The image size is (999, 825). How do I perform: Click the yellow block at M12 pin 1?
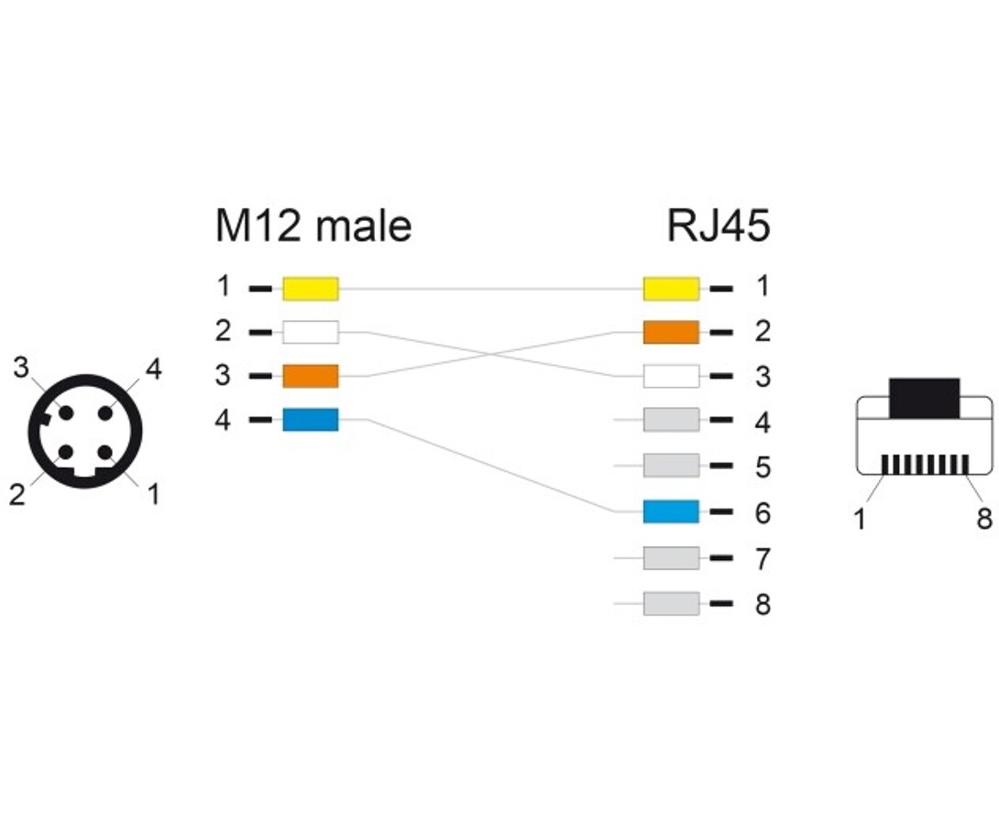pyautogui.click(x=310, y=289)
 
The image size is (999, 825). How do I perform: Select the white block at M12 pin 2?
pyautogui.click(x=310, y=332)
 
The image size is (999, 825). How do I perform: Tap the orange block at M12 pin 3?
pyautogui.click(x=310, y=376)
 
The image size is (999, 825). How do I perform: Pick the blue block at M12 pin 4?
pyautogui.click(x=310, y=420)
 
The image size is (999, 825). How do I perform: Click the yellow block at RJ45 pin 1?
pyautogui.click(x=671, y=289)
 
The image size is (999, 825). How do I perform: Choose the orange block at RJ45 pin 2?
pyautogui.click(x=671, y=332)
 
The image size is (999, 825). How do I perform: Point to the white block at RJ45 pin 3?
pyautogui.click(x=671, y=376)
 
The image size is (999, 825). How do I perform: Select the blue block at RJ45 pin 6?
pyautogui.click(x=671, y=511)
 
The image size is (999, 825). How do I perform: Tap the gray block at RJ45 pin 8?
pyautogui.click(x=671, y=604)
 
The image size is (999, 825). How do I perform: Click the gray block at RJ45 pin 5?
pyautogui.click(x=671, y=466)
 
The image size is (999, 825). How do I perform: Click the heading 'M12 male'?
pyautogui.click(x=313, y=225)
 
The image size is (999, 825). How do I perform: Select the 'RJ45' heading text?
pyautogui.click(x=719, y=225)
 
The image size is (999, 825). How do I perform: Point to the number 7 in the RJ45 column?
pyautogui.click(x=763, y=558)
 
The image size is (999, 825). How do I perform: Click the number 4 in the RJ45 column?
pyautogui.click(x=763, y=423)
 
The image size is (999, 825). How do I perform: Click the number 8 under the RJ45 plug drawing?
pyautogui.click(x=983, y=520)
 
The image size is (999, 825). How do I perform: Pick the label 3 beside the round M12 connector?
pyautogui.click(x=21, y=368)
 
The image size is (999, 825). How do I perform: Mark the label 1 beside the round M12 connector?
pyautogui.click(x=152, y=494)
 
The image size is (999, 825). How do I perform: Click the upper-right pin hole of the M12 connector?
pyautogui.click(x=105, y=412)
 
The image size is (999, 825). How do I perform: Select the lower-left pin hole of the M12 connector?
pyautogui.click(x=66, y=452)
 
